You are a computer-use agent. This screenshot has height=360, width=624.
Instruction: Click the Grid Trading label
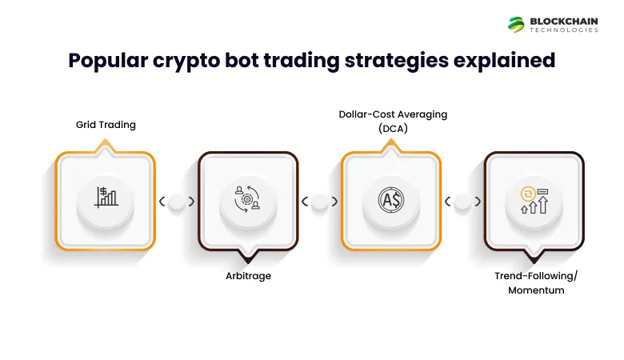click(x=106, y=125)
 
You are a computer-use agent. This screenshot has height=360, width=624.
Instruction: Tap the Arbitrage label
click(x=248, y=275)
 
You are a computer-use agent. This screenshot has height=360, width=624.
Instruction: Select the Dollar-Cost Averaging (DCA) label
click(x=391, y=121)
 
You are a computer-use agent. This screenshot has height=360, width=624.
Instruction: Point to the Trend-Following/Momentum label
click(x=535, y=282)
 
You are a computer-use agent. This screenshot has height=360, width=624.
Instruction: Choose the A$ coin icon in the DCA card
click(x=391, y=199)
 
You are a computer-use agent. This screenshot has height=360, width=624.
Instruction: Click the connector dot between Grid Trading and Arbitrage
click(x=177, y=202)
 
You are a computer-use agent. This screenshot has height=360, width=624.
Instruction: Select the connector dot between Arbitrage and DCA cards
click(x=319, y=202)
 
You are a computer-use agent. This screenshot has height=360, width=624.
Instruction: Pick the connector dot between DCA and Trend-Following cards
click(x=462, y=202)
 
